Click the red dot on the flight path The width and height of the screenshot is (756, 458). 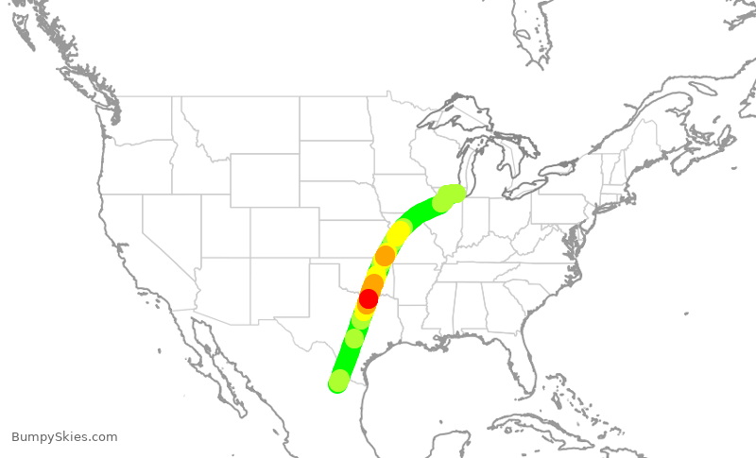[369, 298]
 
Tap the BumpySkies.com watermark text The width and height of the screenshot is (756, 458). [64, 437]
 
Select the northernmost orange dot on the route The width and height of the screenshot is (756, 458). [385, 256]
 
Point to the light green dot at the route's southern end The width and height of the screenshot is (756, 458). [339, 380]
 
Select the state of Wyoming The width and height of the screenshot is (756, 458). [265, 179]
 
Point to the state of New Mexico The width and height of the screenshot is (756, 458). [270, 289]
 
